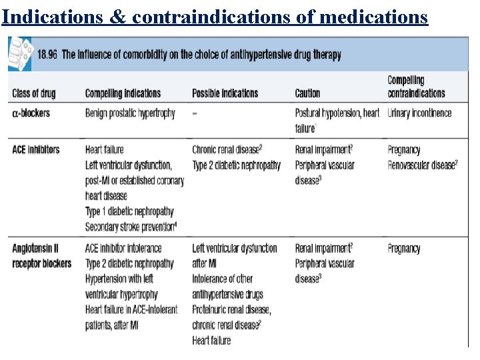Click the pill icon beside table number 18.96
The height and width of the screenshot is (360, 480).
point(20,54)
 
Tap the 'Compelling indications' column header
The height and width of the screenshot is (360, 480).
point(123,94)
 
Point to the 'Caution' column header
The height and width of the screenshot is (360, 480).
point(307,94)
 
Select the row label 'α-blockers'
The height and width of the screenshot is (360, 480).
point(31,113)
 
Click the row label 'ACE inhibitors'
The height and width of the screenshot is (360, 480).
point(36,149)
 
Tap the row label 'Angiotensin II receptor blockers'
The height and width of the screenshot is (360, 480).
point(41,256)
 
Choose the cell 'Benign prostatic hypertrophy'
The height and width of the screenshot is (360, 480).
point(130,113)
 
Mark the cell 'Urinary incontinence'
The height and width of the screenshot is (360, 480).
point(419,113)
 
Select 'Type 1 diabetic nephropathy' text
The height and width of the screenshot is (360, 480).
point(129,211)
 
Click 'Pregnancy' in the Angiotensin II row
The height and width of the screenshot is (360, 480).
point(404,249)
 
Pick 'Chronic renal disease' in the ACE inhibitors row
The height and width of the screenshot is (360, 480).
point(225,149)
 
